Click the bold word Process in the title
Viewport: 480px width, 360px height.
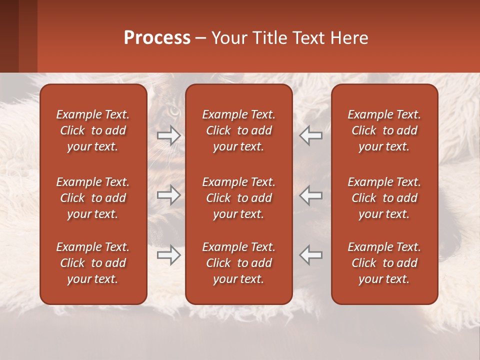pyautogui.click(x=157, y=38)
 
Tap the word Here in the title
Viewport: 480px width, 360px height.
pyautogui.click(x=350, y=38)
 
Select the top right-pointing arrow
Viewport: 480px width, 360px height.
pyautogui.click(x=169, y=135)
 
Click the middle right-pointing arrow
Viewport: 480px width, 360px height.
pyautogui.click(x=169, y=195)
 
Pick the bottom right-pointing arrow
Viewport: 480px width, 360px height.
pyautogui.click(x=169, y=254)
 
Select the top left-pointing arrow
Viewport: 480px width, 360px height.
pyautogui.click(x=311, y=135)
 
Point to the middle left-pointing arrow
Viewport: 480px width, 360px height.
pyautogui.click(x=311, y=195)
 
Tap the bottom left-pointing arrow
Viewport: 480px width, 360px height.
pyautogui.click(x=311, y=254)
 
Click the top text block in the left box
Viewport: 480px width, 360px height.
pyautogui.click(x=93, y=130)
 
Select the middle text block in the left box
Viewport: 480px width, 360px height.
pyautogui.click(x=93, y=198)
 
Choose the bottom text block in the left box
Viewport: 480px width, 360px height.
pyautogui.click(x=93, y=263)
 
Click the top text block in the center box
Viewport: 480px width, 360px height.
pyautogui.click(x=238, y=130)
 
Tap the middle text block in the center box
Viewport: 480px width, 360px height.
pyautogui.click(x=238, y=198)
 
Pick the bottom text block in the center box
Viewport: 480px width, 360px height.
pyautogui.click(x=238, y=263)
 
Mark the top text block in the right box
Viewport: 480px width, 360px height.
pyautogui.click(x=384, y=130)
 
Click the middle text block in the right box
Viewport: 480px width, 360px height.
pyautogui.click(x=384, y=198)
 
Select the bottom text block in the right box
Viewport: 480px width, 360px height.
pyautogui.click(x=384, y=263)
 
